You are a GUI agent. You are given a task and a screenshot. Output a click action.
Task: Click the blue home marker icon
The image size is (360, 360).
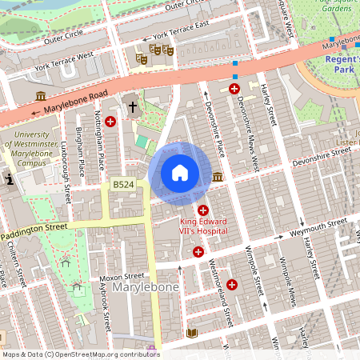(x=180, y=173)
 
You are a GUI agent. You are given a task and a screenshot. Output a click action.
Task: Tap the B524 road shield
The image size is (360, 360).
(x=122, y=185)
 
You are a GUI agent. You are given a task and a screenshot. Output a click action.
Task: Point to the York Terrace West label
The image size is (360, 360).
(x=64, y=60)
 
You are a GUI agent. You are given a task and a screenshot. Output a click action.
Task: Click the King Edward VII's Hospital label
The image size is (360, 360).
(x=203, y=226)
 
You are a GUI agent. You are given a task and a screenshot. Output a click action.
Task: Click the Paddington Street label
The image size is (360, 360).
(x=34, y=229)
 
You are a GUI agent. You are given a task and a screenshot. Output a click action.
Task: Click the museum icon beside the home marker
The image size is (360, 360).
(x=218, y=177)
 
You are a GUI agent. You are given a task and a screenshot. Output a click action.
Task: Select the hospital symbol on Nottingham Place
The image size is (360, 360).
(x=110, y=121)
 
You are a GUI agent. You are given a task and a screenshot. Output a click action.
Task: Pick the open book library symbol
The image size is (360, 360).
(x=192, y=332)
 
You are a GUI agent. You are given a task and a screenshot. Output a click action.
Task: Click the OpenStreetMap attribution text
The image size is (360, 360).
(x=80, y=354)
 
